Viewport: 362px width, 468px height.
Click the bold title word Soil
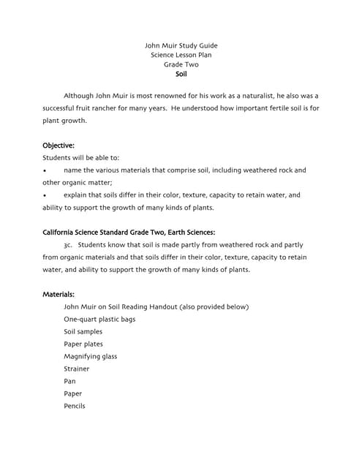tap(181, 74)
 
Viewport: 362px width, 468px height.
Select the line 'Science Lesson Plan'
tap(181, 55)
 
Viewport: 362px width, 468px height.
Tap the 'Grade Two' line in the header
tap(181, 64)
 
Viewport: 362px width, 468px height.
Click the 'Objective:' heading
tap(59, 145)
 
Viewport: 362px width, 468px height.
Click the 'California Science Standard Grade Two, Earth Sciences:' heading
tap(128, 233)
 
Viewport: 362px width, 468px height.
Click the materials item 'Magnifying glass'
tap(90, 356)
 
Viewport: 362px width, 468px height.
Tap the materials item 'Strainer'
tap(77, 369)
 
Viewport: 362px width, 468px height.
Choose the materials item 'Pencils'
tap(75, 406)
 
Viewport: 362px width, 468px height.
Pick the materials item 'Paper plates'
tap(83, 344)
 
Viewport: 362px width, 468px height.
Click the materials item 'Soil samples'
tap(83, 331)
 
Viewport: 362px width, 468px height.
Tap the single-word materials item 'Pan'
tap(69, 381)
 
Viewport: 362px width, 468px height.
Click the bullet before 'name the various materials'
tap(45, 170)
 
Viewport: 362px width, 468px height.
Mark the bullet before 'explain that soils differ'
tap(45, 195)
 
